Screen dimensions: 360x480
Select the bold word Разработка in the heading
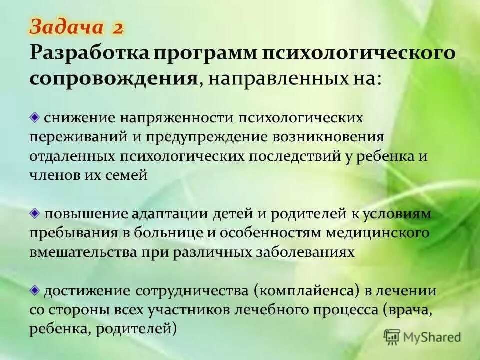tap(88, 53)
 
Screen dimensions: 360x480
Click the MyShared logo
tap(422, 337)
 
